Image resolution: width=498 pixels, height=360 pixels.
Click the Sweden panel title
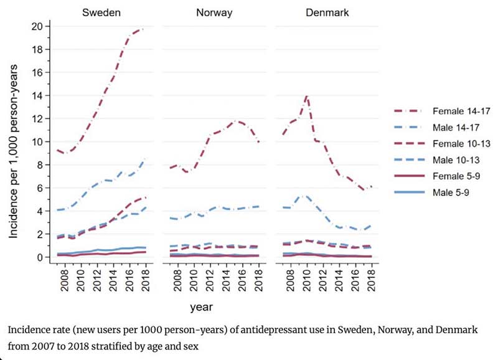click(101, 12)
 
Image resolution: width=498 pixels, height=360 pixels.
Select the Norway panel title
click(214, 12)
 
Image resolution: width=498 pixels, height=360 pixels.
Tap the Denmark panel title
click(327, 12)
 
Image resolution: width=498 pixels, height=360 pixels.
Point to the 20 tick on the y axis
click(37, 26)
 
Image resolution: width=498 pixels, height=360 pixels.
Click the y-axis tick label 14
click(37, 95)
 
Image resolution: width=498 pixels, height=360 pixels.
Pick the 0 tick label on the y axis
click(39, 257)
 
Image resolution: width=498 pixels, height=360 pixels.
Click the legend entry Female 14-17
click(442, 111)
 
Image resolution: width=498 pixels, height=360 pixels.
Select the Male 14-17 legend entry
click(437, 128)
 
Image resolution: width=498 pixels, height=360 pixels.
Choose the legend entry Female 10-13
click(442, 144)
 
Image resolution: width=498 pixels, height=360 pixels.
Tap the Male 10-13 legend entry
click(437, 160)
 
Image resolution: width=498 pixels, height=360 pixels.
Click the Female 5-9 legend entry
click(437, 176)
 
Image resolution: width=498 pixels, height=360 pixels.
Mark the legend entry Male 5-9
click(431, 192)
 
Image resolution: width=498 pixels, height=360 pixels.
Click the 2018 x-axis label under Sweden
click(146, 280)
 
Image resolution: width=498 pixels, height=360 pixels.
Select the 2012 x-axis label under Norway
click(210, 280)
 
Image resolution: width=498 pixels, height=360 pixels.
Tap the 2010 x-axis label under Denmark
click(307, 280)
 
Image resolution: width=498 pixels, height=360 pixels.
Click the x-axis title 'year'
click(201, 307)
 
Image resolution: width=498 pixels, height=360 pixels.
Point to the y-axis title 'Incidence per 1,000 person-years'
click(13, 151)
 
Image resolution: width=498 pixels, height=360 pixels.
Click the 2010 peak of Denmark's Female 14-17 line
click(307, 96)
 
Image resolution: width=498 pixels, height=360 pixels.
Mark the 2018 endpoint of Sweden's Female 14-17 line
click(145, 29)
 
